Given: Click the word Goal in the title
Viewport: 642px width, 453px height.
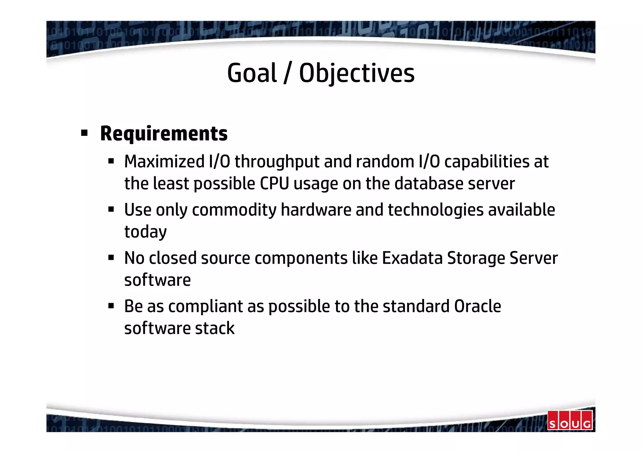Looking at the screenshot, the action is coord(252,73).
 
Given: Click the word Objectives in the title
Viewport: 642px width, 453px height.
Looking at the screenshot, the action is coord(357,73).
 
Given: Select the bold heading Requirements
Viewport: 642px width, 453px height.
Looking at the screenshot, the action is coord(164,134).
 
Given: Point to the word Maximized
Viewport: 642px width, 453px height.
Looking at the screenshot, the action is coord(164,162).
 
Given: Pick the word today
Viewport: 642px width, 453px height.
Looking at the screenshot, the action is coord(145,232).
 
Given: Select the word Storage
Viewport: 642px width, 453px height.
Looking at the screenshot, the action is coord(476,259).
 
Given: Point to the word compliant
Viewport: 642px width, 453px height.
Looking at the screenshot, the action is coord(205,306).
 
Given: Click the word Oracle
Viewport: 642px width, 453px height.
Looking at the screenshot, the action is coord(477,306).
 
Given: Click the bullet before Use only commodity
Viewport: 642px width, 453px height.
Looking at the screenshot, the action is coord(111,209).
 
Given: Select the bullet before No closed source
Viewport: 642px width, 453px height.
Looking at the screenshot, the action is coord(111,258).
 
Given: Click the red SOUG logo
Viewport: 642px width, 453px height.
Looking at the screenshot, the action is coord(570,420).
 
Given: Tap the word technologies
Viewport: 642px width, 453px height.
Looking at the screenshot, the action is coord(435,210).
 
